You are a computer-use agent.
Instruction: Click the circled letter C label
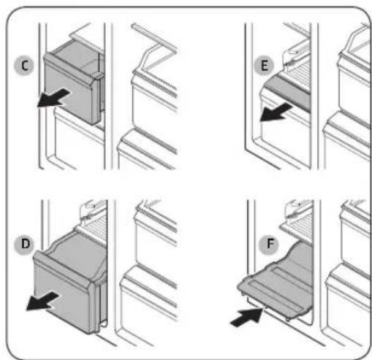[24, 66]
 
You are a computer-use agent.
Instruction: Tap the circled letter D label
[25, 245]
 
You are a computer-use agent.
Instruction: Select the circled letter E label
[264, 66]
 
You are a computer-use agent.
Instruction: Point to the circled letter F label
[269, 244]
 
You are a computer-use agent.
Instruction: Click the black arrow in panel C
[53, 98]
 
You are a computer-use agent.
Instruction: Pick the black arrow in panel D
[42, 302]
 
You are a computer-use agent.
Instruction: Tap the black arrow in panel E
[276, 112]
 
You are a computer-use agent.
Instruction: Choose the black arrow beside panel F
[247, 317]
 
